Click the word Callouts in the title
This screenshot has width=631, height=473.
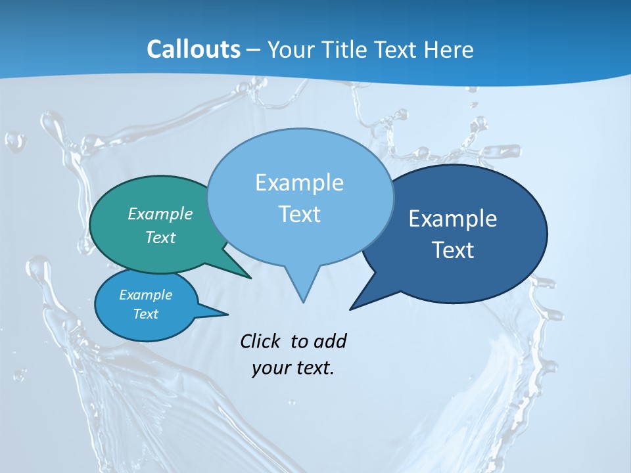click(x=193, y=50)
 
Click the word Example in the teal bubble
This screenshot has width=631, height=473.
click(x=160, y=214)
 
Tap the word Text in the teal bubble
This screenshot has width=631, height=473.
click(x=160, y=237)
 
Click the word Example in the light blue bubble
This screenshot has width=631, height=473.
click(x=299, y=183)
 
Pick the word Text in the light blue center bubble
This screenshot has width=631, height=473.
click(x=299, y=214)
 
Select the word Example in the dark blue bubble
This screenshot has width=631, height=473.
click(x=453, y=219)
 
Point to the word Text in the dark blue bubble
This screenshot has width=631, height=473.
click(x=453, y=250)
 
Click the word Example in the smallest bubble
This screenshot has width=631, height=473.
click(x=146, y=295)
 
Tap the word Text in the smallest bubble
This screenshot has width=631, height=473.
click(x=146, y=314)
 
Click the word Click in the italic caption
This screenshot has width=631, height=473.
click(x=262, y=341)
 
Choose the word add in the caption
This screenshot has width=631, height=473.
click(x=329, y=341)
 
